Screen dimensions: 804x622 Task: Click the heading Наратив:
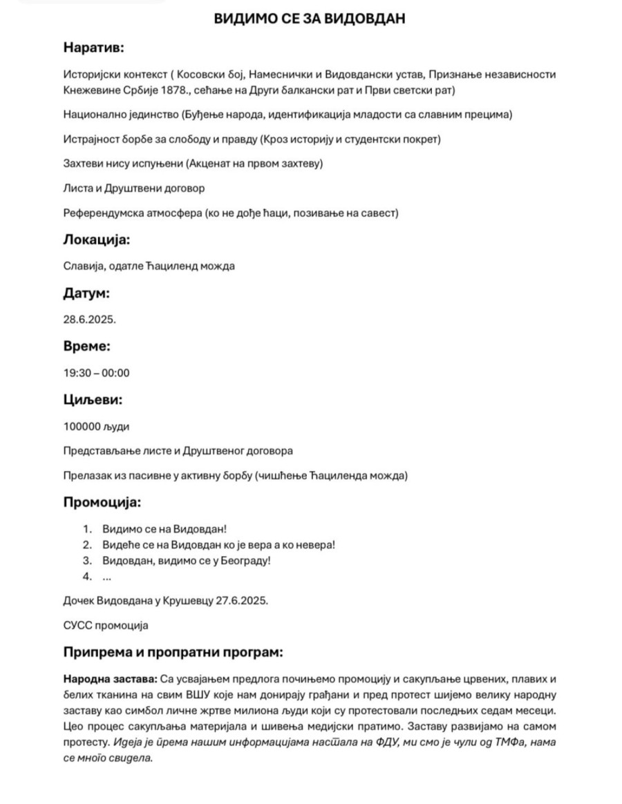click(x=93, y=48)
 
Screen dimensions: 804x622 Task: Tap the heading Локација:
click(x=97, y=240)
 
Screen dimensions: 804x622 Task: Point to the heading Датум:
click(x=86, y=293)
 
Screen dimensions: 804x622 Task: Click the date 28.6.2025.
click(x=90, y=320)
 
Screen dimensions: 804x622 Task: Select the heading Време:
click(x=87, y=347)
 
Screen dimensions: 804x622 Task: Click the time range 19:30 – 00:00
click(x=97, y=373)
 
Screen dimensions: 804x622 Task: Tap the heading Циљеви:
click(x=93, y=399)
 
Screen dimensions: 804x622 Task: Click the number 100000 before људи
click(x=82, y=426)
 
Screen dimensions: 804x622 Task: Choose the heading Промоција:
click(x=102, y=502)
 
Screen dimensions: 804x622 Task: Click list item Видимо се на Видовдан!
click(x=164, y=529)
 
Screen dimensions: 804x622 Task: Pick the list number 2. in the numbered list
click(x=87, y=545)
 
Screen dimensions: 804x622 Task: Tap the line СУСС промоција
click(x=106, y=626)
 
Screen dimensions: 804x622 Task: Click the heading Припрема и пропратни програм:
click(x=173, y=653)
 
